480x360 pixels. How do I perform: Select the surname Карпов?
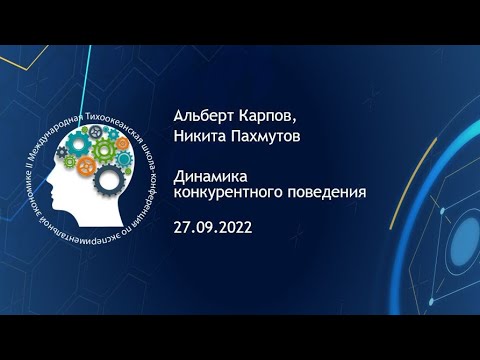point(266,117)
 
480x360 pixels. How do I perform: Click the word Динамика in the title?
point(210,177)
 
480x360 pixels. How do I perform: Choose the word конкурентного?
point(228,193)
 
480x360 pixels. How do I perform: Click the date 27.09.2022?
point(213,228)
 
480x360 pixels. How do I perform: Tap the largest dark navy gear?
point(109,180)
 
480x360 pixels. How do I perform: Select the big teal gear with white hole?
point(79,143)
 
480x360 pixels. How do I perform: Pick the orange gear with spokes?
point(87,165)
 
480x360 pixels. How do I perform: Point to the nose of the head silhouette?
point(47,182)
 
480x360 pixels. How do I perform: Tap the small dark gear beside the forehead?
point(62,152)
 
